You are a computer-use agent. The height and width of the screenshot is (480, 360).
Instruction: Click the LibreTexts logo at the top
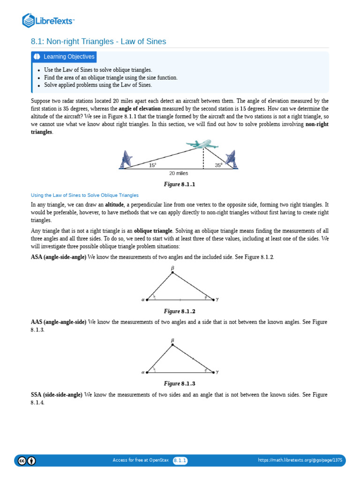pos(48,20)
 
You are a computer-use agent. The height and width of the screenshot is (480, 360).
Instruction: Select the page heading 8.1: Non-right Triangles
pos(98,42)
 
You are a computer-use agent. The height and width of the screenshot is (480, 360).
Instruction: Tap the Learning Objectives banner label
pos(64,57)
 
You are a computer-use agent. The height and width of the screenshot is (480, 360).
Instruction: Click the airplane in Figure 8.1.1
pos(202,145)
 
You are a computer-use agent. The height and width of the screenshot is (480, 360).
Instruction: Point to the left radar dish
pos(127,159)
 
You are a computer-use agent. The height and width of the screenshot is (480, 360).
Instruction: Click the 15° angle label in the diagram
pos(152,165)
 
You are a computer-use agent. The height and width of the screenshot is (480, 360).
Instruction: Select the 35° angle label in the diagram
pos(219,165)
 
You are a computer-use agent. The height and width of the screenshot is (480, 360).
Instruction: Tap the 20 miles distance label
pos(179,173)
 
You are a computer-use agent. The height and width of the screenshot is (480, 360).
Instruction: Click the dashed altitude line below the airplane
pos(203,159)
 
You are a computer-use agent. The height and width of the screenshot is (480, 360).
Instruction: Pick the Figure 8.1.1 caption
pos(179,184)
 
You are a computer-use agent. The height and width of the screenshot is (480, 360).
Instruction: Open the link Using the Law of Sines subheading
pos(85,195)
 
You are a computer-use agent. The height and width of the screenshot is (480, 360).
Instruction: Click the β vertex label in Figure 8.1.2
pos(172,268)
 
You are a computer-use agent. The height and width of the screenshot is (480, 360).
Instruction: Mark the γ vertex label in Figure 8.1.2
pos(217,299)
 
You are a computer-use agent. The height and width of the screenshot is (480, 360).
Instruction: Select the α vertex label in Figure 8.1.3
pos(143,372)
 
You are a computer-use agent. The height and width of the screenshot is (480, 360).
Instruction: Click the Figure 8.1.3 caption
pos(179,383)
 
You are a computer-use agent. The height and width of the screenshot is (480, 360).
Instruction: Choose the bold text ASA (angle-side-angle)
pos(59,257)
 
